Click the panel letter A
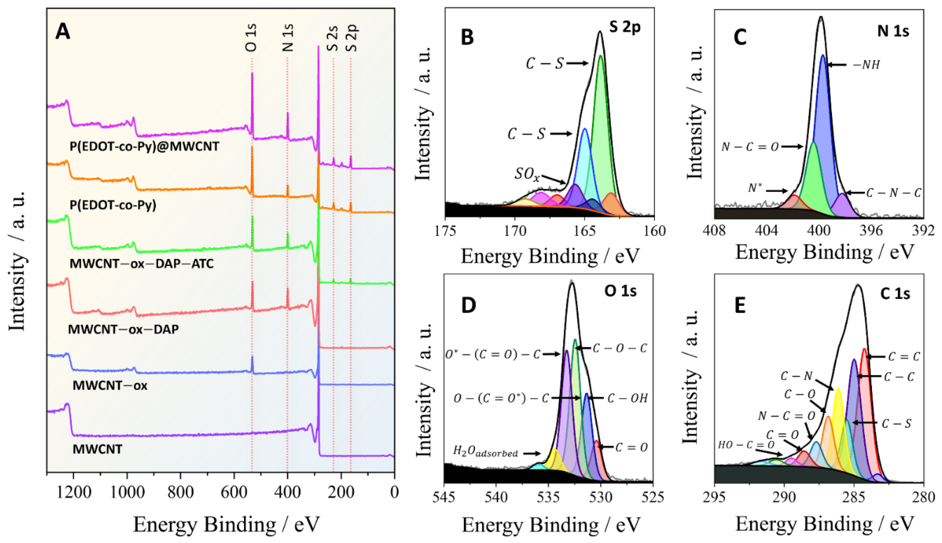[62, 31]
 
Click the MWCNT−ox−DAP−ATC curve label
[142, 264]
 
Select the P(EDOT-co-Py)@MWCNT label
[144, 146]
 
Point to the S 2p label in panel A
[351, 38]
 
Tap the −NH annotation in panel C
[866, 65]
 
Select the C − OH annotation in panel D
[627, 398]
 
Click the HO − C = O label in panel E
[746, 445]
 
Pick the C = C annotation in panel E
[904, 357]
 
